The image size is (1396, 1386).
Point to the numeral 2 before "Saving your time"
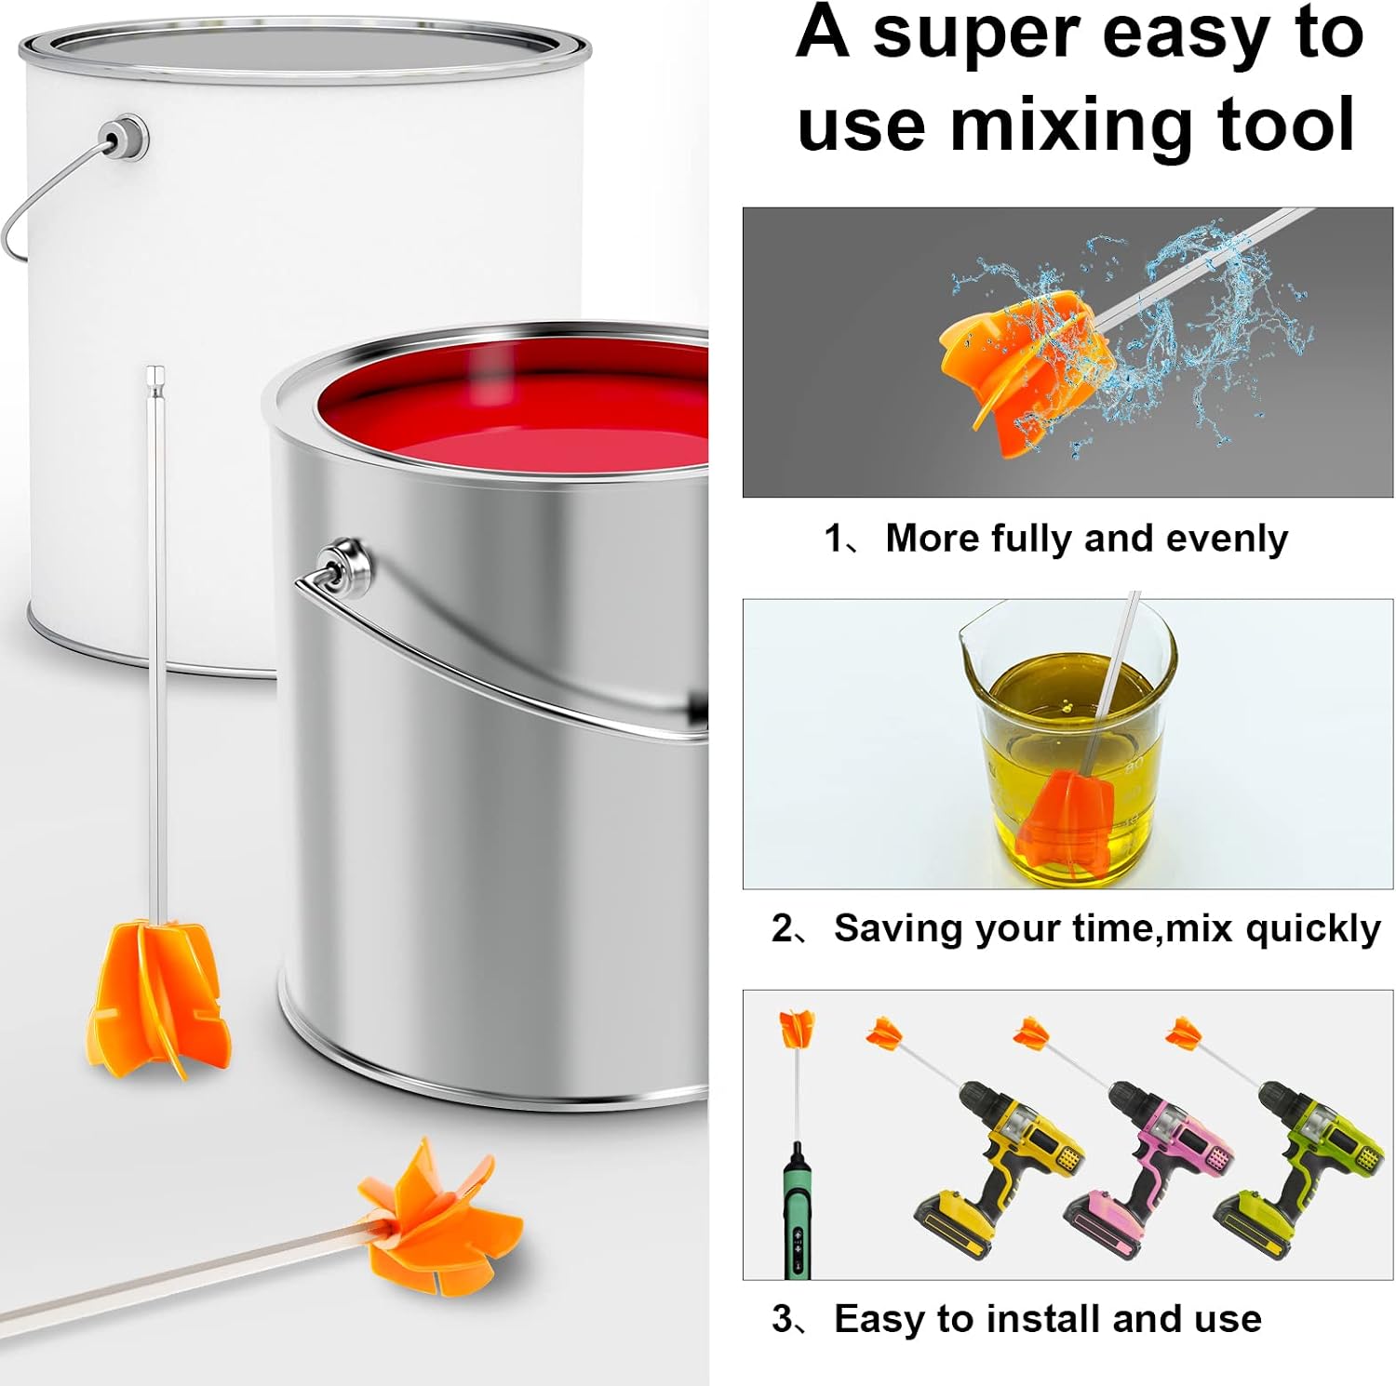coord(783,928)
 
